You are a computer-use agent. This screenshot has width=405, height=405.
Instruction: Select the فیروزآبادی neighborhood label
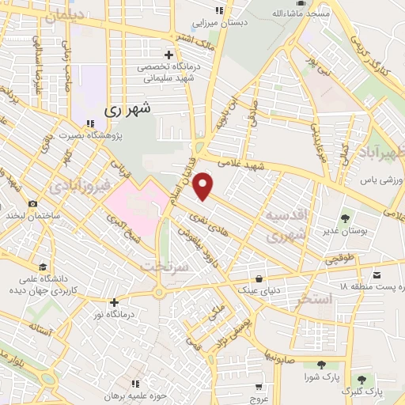[x=76, y=189]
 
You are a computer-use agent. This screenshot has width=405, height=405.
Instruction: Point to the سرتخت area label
[x=163, y=267]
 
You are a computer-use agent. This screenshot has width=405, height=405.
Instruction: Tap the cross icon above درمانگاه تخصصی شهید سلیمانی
[x=168, y=55]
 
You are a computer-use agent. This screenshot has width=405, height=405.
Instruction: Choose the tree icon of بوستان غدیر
[x=344, y=218]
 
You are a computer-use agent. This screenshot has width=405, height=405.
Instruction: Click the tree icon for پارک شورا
[x=321, y=364]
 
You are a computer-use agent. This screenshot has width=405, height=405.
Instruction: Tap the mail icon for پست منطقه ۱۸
[x=377, y=274]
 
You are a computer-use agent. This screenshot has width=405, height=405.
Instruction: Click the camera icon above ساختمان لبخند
[x=32, y=203]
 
